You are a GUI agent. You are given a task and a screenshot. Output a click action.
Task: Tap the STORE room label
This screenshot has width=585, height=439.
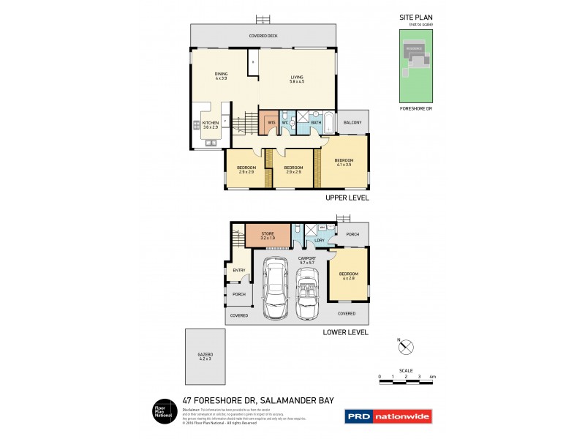pyautogui.click(x=267, y=233)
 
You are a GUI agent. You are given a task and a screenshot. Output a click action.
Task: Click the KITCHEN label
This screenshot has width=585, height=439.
pyautogui.click(x=211, y=123)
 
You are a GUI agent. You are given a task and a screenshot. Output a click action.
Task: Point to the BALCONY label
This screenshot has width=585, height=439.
pyautogui.click(x=352, y=122)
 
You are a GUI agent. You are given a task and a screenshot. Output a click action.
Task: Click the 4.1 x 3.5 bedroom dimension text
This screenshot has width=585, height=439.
pyautogui.click(x=343, y=165)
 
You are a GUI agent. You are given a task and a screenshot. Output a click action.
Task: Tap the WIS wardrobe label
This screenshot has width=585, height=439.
pyautogui.click(x=271, y=122)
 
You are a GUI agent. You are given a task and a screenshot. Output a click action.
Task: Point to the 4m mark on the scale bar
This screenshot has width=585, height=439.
pyautogui.click(x=431, y=376)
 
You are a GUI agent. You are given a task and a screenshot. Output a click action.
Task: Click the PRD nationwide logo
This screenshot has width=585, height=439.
pyautogui.click(x=388, y=416)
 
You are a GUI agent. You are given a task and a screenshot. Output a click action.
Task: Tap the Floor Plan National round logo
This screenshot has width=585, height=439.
pyautogui.click(x=162, y=411)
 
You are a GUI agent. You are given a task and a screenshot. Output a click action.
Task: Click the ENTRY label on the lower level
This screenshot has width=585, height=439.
pyautogui.click(x=238, y=270)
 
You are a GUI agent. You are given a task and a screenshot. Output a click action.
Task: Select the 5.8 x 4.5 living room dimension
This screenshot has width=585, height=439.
pyautogui.click(x=297, y=79)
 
